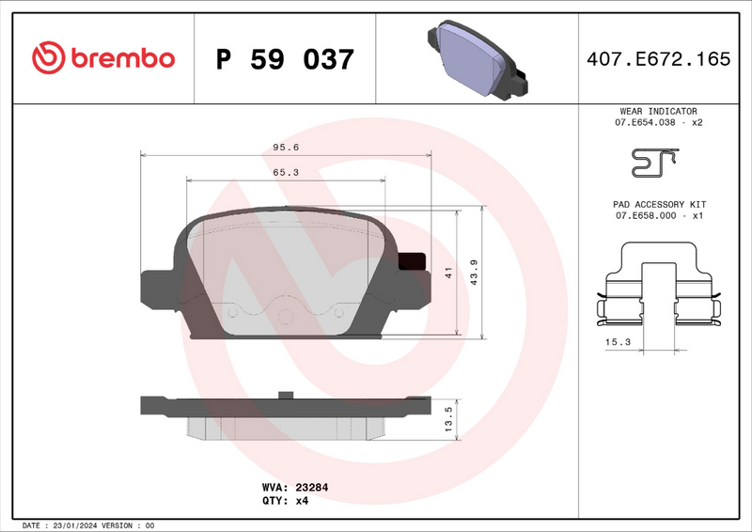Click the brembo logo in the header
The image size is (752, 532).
coord(103,58)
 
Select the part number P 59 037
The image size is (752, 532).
coord(285,59)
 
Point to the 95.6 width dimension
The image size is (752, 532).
coord(286,148)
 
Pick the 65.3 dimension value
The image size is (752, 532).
coord(286,172)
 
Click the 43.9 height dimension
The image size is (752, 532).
coord(475,274)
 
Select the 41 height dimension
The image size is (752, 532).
coord(450,273)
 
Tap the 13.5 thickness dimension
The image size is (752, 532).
coord(448,416)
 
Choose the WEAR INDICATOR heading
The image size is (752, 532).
coord(658,111)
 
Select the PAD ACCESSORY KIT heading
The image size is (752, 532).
coord(659,204)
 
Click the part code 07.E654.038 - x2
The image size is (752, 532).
coord(659,123)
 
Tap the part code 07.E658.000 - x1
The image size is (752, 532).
coord(659,216)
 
